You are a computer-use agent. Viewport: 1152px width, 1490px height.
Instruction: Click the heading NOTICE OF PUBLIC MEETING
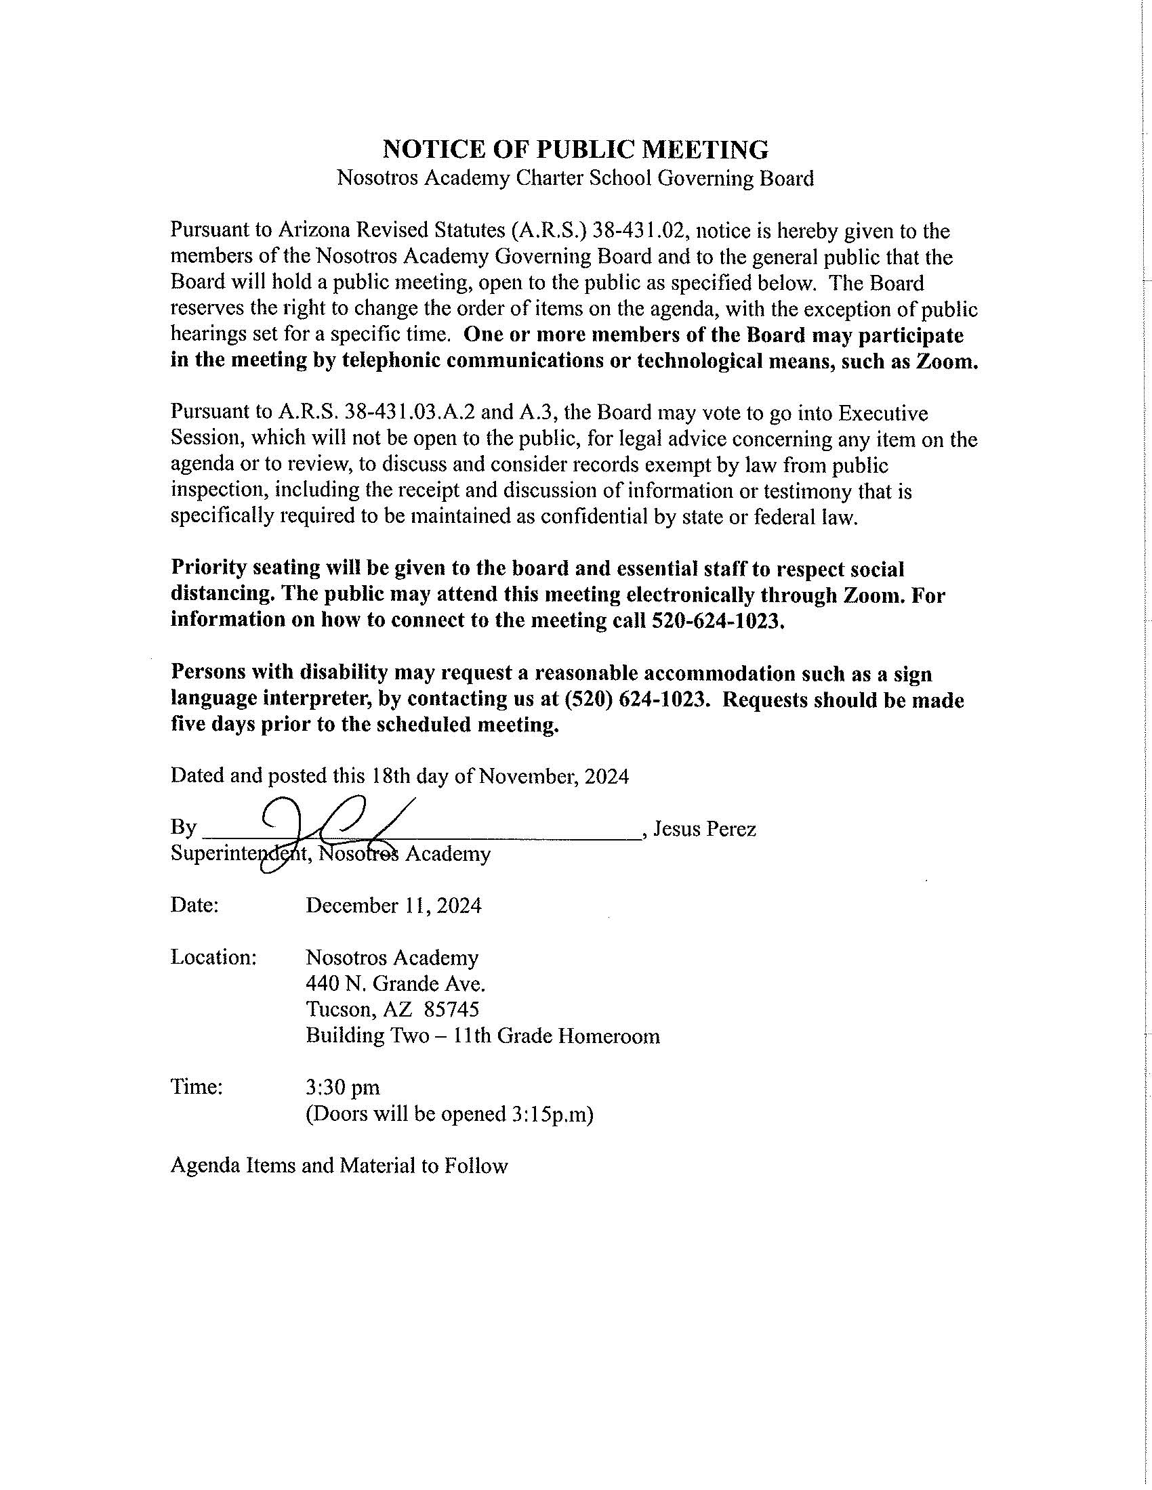pos(575,149)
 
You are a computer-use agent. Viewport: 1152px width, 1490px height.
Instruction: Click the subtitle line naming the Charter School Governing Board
pos(575,179)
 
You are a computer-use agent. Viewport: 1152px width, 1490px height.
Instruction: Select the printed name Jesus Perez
pos(704,829)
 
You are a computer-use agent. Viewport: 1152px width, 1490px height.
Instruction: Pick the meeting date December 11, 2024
pos(393,906)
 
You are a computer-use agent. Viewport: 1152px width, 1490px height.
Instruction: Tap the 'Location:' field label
pos(213,958)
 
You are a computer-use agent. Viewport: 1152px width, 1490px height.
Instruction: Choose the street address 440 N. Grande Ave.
pos(395,984)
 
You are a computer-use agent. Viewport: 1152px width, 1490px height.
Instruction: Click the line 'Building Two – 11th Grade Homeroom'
pos(482,1036)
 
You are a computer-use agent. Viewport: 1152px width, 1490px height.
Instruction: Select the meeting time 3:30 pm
pos(343,1088)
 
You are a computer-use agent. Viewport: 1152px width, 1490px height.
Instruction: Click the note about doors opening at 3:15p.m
pos(449,1114)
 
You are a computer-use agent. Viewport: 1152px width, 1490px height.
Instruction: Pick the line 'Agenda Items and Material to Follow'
pos(340,1166)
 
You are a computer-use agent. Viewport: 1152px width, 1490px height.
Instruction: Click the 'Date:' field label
pos(194,906)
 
